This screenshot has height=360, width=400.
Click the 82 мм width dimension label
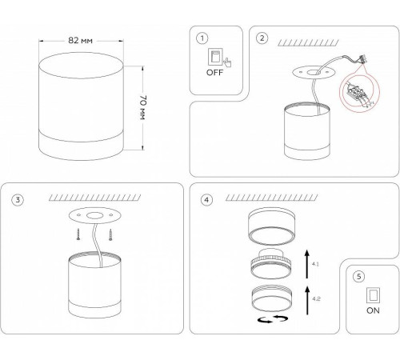[81, 41]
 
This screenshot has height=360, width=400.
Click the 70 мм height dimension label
[142, 107]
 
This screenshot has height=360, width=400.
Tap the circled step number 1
[202, 38]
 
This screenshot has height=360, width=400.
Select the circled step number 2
[262, 38]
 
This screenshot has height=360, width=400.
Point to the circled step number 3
[18, 200]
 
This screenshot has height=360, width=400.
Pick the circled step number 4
[206, 200]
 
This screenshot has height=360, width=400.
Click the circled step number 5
[358, 277]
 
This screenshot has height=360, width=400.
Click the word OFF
[214, 73]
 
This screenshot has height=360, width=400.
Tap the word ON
[373, 310]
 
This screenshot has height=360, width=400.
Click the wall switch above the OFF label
[215, 56]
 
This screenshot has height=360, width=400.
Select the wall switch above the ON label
[373, 295]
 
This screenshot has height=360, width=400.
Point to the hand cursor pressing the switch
[227, 62]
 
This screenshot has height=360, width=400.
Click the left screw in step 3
[78, 235]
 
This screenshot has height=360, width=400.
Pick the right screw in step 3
[110, 235]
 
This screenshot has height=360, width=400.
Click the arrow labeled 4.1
[307, 264]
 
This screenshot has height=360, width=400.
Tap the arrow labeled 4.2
[308, 300]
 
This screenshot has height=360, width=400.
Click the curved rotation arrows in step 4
[273, 319]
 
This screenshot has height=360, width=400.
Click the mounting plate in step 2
[314, 72]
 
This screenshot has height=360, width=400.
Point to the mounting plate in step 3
[94, 215]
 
